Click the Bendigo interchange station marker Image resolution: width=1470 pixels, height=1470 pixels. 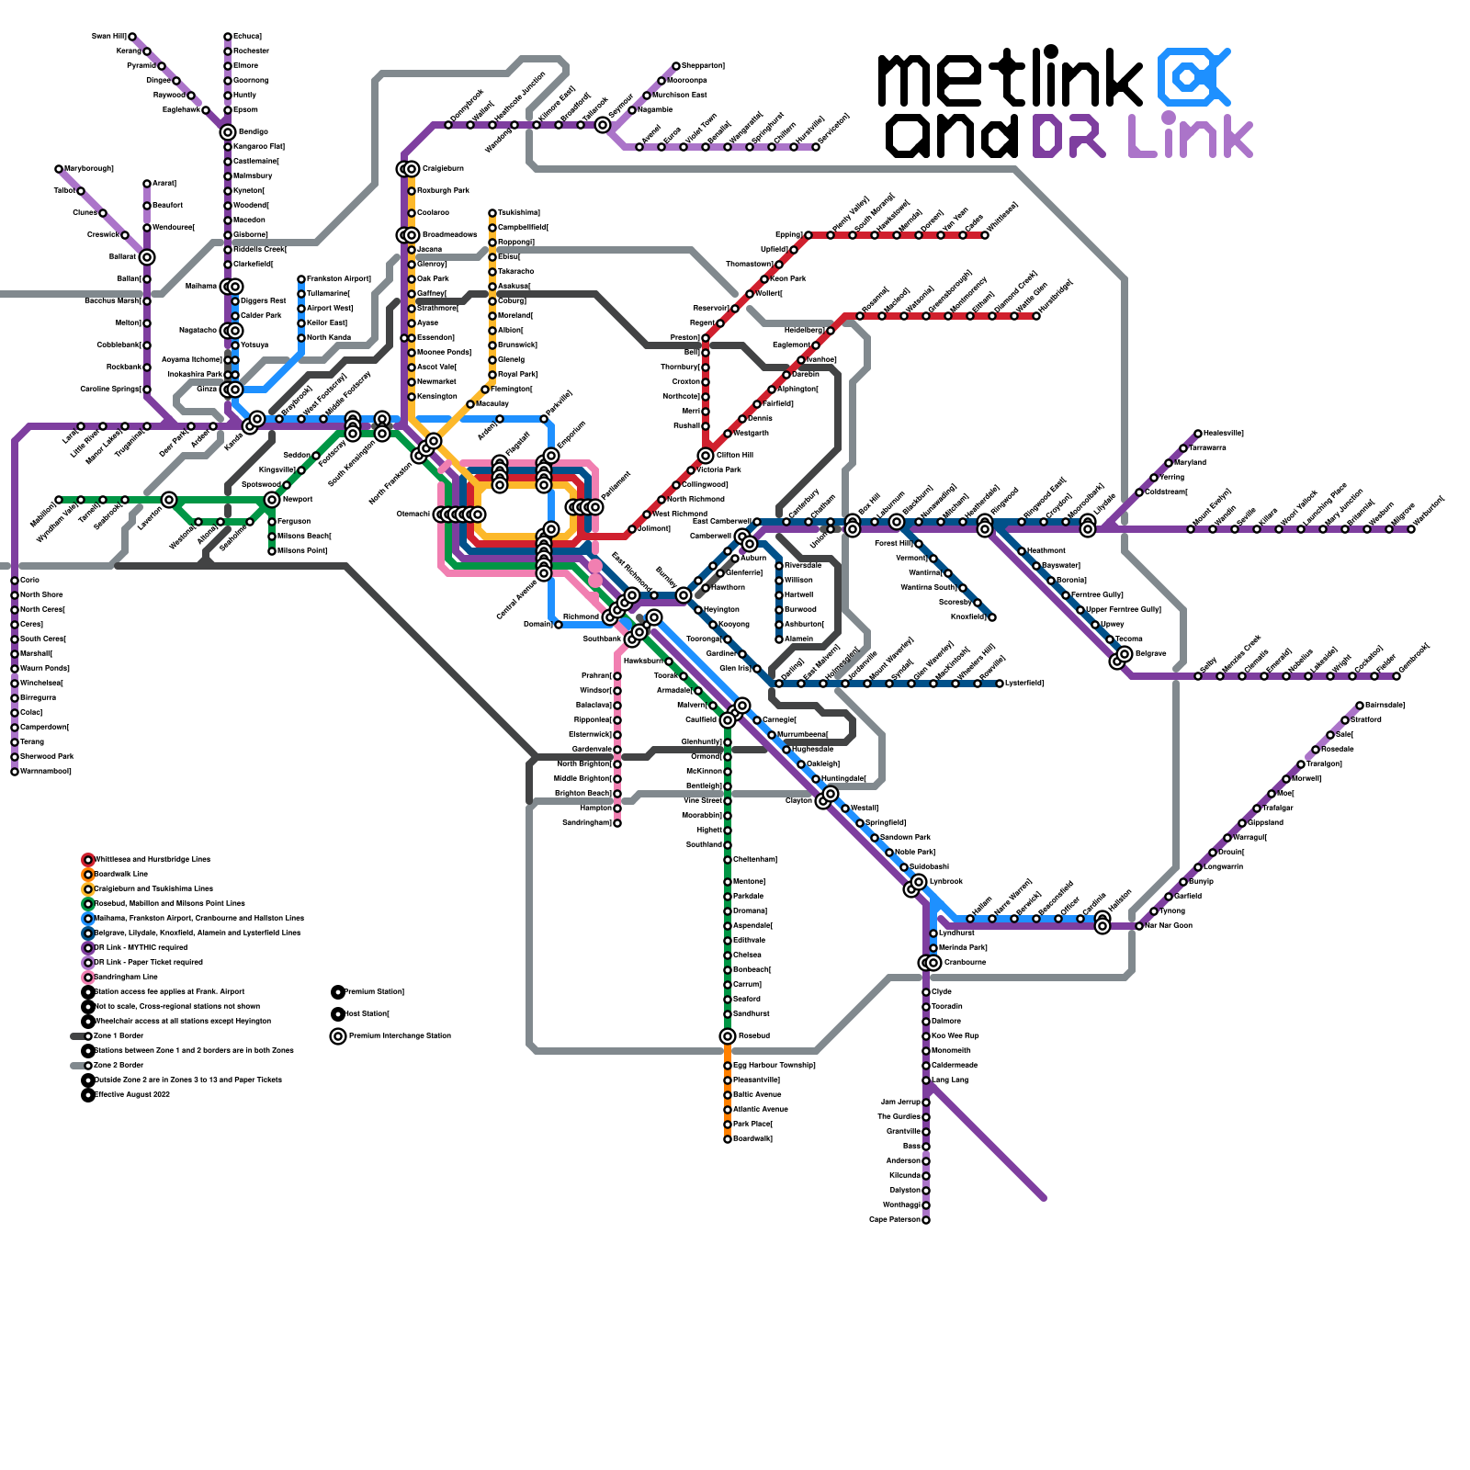tap(228, 132)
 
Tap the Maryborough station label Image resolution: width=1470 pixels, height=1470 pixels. tap(89, 169)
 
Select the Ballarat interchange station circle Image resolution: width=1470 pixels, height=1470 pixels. tap(147, 257)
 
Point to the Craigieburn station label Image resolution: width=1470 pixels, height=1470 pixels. tap(443, 169)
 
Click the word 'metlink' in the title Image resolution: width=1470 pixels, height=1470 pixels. tap(1010, 81)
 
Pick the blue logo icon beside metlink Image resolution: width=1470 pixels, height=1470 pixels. tap(1193, 77)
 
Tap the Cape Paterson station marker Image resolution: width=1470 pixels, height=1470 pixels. tap(926, 1220)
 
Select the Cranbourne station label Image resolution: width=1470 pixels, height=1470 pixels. tap(965, 963)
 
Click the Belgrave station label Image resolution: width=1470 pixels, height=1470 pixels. tap(1151, 654)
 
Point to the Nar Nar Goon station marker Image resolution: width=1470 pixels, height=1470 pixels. tap(1139, 926)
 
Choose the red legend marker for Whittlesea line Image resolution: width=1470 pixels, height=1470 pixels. tap(88, 860)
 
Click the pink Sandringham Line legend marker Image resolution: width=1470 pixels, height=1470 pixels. tap(88, 978)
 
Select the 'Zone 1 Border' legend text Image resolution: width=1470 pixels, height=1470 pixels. tap(119, 1036)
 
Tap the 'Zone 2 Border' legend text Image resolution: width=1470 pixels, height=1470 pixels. tap(119, 1066)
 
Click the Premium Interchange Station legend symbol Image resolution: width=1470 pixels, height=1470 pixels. tap(338, 1036)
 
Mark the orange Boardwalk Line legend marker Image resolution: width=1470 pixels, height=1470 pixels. tap(88, 875)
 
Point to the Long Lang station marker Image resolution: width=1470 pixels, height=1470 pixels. tap(926, 1080)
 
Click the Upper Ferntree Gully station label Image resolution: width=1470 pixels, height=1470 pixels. tap(1124, 610)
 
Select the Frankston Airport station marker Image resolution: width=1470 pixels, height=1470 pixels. tap(301, 279)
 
